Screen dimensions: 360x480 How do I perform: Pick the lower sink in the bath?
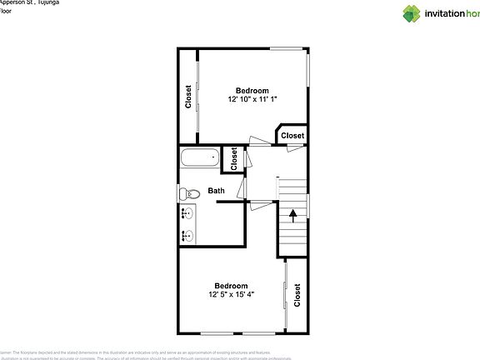pyautogui.click(x=187, y=236)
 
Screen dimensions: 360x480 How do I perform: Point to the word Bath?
pyautogui.click(x=217, y=191)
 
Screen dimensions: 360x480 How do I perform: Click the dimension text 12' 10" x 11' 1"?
pyautogui.click(x=252, y=99)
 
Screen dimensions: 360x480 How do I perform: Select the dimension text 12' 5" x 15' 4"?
pyautogui.click(x=231, y=293)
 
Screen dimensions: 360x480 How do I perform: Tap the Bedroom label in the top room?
pyautogui.click(x=252, y=90)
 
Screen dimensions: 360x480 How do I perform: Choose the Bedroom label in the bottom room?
pyautogui.click(x=231, y=284)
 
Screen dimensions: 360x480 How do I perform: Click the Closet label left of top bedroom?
pyautogui.click(x=189, y=97)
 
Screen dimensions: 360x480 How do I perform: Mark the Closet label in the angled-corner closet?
pyautogui.click(x=292, y=135)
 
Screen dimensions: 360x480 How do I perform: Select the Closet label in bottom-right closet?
pyautogui.click(x=297, y=295)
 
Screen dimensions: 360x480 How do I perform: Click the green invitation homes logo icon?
pyautogui.click(x=411, y=12)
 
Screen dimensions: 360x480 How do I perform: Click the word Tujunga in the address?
pyautogui.click(x=48, y=2)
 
